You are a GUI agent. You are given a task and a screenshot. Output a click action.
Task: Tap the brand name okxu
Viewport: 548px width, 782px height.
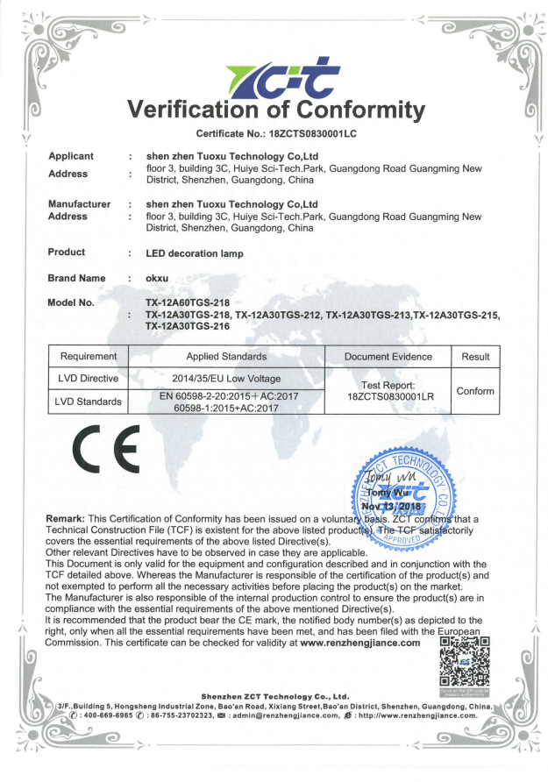point(158,278)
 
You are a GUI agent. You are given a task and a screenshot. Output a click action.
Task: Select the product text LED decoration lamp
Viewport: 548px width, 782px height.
point(195,253)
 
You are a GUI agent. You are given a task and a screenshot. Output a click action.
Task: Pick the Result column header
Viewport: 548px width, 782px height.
point(475,357)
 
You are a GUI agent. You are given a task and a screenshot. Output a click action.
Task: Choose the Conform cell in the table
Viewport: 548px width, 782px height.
point(475,391)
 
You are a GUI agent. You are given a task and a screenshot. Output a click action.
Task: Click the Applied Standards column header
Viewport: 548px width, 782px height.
point(226,357)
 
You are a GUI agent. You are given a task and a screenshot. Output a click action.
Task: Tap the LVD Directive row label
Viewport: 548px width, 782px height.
point(87,379)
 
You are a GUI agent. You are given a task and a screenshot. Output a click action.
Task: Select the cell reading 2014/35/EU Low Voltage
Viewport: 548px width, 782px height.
point(226,379)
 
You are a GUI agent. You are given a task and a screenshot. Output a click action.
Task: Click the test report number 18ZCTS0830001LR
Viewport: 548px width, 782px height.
point(388,397)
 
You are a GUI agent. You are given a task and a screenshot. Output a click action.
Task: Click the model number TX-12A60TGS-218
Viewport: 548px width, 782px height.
point(188,302)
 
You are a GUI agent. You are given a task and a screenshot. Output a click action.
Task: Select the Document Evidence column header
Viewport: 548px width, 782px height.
point(388,357)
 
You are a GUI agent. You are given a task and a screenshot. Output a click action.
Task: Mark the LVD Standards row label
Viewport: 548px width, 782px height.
point(87,402)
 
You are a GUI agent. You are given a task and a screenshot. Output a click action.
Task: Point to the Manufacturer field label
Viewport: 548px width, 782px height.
point(79,204)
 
